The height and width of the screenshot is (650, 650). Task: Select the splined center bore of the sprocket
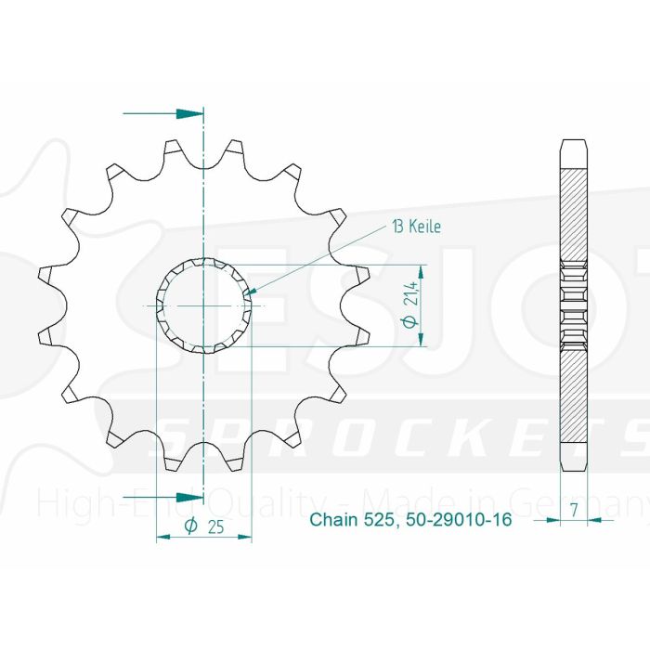(x=203, y=305)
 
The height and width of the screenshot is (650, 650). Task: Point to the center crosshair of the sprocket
(x=203, y=305)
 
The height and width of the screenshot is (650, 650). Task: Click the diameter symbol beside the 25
(x=191, y=526)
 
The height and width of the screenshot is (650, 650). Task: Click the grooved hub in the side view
(x=574, y=305)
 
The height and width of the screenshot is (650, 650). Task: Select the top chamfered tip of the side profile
(x=574, y=146)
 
